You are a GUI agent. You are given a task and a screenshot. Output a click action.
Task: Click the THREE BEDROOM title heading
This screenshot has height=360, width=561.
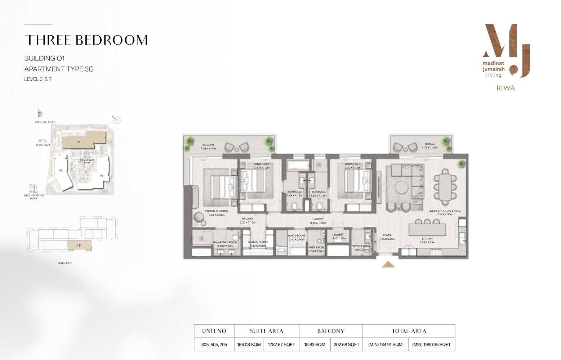86,40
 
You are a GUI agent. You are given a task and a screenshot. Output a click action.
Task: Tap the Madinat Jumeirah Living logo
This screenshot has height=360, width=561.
506,51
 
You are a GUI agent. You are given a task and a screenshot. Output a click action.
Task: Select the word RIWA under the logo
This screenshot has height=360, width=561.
506,88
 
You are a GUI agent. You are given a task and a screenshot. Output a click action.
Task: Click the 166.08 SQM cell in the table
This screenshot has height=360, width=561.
249,345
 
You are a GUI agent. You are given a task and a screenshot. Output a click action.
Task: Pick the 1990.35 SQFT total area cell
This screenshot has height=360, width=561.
431,345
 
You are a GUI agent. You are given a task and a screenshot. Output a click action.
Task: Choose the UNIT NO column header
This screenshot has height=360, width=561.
214,331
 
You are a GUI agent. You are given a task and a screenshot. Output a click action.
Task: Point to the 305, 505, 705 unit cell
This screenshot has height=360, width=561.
214,345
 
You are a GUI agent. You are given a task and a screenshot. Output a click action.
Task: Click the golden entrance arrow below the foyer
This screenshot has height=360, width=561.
388,265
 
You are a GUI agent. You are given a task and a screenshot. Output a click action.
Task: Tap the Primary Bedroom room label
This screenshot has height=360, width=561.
217,213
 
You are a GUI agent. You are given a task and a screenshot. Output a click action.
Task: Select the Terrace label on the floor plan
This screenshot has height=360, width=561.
429,145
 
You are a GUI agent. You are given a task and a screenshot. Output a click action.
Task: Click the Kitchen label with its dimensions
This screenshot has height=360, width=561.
427,240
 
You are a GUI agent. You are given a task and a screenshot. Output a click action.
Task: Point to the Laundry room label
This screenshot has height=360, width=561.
338,236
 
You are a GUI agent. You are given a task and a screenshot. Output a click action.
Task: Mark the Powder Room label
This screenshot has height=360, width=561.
361,248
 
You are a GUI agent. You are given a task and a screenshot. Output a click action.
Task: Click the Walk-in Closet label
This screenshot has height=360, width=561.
258,244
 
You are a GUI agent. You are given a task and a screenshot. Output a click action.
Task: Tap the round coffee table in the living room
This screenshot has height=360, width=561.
401,187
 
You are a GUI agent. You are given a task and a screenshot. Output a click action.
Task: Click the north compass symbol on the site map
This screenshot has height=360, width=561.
116,120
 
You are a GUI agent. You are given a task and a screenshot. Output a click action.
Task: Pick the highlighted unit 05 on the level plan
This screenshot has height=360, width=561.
79,246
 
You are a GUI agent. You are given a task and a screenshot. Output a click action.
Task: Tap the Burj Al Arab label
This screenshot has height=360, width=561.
45,122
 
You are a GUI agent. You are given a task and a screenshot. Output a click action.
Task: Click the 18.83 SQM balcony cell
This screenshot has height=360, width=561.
315,345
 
